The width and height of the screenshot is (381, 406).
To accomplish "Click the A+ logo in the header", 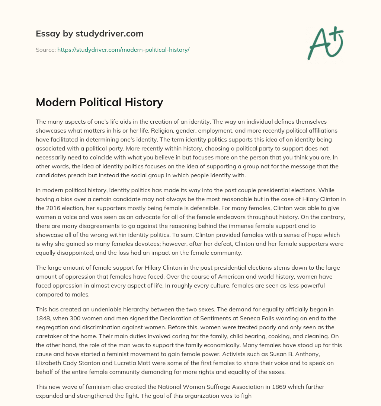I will point(325,43).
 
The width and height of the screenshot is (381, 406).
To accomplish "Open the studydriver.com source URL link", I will point(123,50).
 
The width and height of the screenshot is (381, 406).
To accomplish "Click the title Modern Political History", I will point(99,102).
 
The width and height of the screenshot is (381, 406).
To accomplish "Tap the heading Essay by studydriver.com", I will point(89,34).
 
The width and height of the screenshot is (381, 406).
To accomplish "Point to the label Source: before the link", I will point(46,50).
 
